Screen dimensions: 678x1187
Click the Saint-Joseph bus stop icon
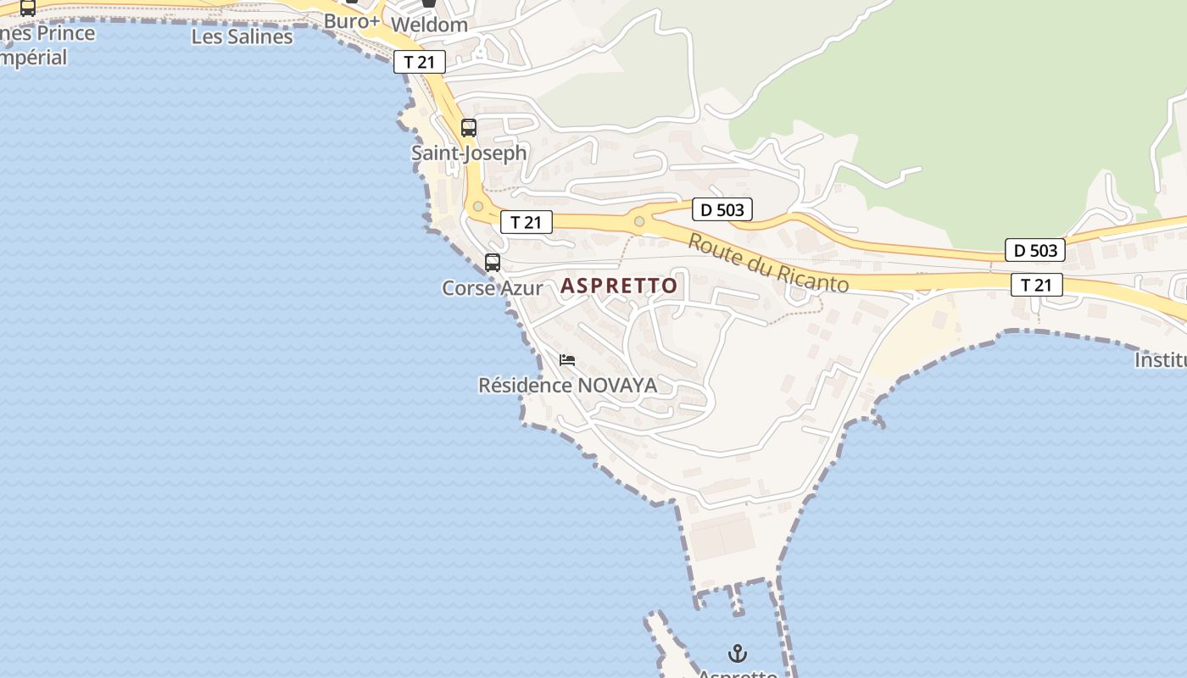(468, 128)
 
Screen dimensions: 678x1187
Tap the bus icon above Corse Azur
(493, 263)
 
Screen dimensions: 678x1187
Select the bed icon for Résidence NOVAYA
(567, 360)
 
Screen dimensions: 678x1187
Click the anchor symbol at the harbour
(738, 653)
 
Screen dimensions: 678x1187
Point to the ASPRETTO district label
(619, 286)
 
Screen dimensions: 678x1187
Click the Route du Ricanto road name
(767, 263)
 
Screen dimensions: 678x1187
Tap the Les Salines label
(242, 36)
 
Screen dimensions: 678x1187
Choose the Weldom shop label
(429, 25)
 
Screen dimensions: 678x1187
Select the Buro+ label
(352, 20)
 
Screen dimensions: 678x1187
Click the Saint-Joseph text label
(469, 153)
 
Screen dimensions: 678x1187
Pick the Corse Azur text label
(493, 288)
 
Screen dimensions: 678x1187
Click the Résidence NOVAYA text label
(567, 386)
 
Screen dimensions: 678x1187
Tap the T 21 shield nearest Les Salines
(419, 62)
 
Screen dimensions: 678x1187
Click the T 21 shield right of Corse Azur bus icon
(526, 222)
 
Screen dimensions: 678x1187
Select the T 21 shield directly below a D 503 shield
(1036, 285)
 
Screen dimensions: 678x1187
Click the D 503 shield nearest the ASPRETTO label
(722, 209)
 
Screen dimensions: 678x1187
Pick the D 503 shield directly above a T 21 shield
(1036, 250)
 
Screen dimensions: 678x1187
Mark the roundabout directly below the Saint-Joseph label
(478, 206)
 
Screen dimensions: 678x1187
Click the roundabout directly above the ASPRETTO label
(639, 222)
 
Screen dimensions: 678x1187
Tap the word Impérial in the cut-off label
(34, 58)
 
